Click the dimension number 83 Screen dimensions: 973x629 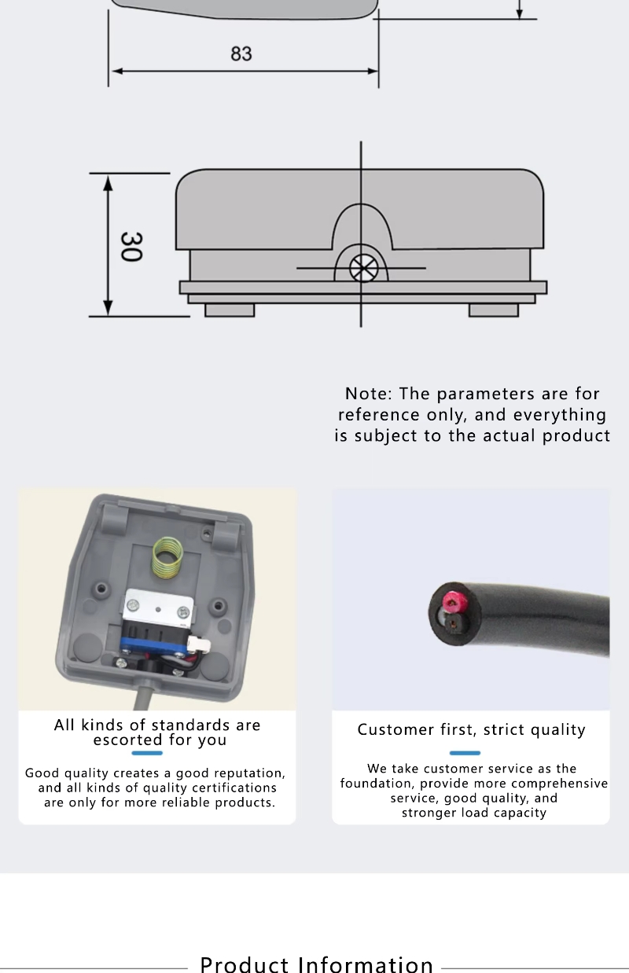point(241,53)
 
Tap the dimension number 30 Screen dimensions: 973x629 point(130,246)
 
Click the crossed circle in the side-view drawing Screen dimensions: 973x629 point(363,268)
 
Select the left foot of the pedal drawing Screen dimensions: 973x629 point(230,310)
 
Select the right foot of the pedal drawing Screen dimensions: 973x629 point(493,310)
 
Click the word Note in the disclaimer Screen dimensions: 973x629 point(368,394)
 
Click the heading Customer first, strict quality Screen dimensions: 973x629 point(471,730)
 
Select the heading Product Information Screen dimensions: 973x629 point(317,964)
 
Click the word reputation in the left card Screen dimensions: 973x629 point(245,773)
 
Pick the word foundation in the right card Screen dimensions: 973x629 point(377,784)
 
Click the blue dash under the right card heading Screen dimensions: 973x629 point(464,753)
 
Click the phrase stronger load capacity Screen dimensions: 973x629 point(474,813)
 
